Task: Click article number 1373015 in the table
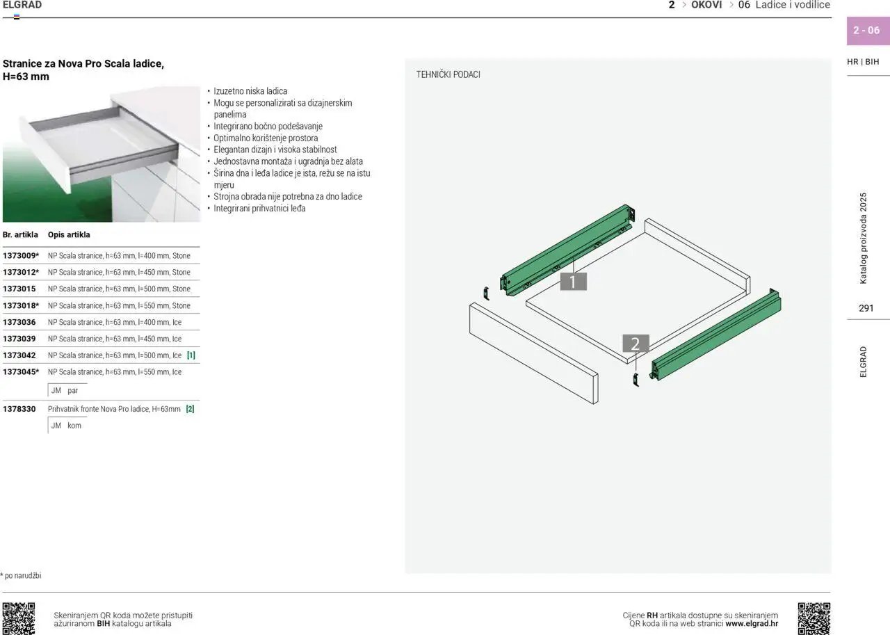click(x=19, y=289)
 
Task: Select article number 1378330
click(x=19, y=409)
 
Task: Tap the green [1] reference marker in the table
click(x=191, y=355)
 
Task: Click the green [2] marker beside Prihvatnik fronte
click(x=191, y=409)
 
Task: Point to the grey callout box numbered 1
click(x=573, y=282)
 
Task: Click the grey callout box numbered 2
click(x=636, y=344)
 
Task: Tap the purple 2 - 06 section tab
click(x=868, y=31)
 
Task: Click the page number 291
click(x=866, y=308)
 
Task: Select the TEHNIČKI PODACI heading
click(x=448, y=74)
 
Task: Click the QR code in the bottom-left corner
click(x=19, y=618)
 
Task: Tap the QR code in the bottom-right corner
click(x=814, y=618)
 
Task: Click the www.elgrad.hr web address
click(x=752, y=623)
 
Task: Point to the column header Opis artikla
click(x=69, y=235)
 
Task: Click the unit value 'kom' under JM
click(x=74, y=426)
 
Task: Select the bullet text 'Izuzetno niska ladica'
click(x=250, y=91)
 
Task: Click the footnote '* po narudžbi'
click(x=21, y=575)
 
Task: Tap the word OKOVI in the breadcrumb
click(x=706, y=5)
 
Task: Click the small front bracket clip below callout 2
click(x=636, y=380)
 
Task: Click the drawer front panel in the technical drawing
click(x=533, y=353)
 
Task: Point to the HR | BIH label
click(x=863, y=62)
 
